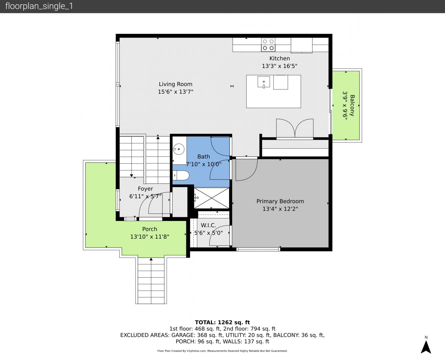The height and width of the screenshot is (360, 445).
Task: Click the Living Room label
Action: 175,84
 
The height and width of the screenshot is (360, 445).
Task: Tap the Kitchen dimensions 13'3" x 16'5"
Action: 280,66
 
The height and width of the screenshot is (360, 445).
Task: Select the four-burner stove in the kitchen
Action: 268,45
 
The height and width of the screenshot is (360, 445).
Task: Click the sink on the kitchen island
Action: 264,82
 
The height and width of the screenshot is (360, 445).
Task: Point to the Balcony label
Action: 352,106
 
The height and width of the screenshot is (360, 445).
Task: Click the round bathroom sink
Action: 179,149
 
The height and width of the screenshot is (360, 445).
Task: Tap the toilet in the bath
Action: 181,175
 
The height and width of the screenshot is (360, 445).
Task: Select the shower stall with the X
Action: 212,198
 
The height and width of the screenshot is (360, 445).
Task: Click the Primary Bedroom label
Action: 280,201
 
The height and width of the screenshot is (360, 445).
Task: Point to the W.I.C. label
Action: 209,225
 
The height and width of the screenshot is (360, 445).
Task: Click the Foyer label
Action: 145,189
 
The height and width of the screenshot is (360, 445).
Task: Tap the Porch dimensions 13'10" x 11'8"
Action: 150,237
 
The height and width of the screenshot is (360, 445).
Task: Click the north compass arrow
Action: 426,347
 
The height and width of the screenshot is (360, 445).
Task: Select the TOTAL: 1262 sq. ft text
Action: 222,322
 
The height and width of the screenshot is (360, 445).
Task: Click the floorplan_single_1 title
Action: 39,6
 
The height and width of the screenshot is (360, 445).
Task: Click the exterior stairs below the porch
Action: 151,281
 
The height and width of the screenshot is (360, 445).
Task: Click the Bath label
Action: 204,156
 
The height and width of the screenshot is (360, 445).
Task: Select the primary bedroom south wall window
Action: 258,249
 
